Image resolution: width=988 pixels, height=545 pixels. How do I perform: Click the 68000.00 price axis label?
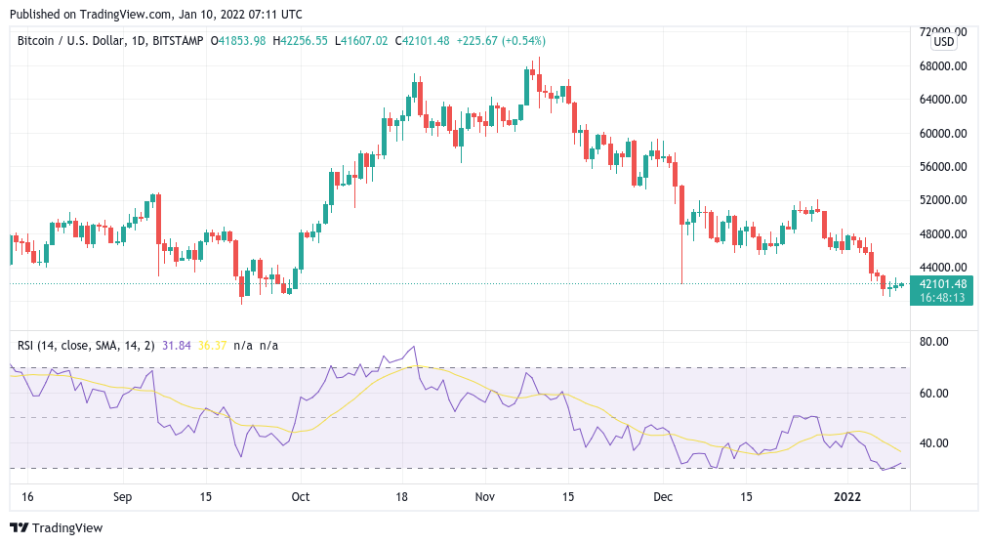tap(943, 66)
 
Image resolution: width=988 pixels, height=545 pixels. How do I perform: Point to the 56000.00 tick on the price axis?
tap(943, 167)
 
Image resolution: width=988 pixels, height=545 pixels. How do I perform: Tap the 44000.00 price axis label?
tap(943, 268)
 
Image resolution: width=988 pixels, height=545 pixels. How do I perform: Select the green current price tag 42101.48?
tap(943, 284)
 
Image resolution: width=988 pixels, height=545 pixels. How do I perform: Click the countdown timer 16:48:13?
tap(942, 297)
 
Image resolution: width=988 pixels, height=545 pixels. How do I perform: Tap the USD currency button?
tap(944, 42)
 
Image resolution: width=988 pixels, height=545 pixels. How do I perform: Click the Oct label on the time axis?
tap(301, 496)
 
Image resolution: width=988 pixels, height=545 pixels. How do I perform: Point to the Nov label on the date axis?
tap(484, 496)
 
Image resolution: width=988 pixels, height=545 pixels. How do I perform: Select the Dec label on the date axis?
tap(663, 496)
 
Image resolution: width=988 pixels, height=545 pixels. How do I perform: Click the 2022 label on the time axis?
tap(846, 496)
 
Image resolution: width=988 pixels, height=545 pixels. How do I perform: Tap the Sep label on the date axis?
tap(122, 496)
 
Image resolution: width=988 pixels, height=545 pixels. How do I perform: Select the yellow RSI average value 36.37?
tap(212, 346)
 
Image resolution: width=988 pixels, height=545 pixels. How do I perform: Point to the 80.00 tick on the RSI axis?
tap(933, 342)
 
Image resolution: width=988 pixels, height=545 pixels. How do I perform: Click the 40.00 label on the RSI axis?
tap(933, 442)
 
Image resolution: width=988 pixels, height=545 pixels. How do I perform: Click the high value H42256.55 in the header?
tap(300, 41)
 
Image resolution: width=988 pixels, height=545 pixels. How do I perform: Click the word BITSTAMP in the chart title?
tap(178, 41)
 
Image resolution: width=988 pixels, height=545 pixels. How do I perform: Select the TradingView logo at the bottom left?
tap(57, 528)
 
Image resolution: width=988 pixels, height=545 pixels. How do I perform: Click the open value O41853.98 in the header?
tap(238, 41)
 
